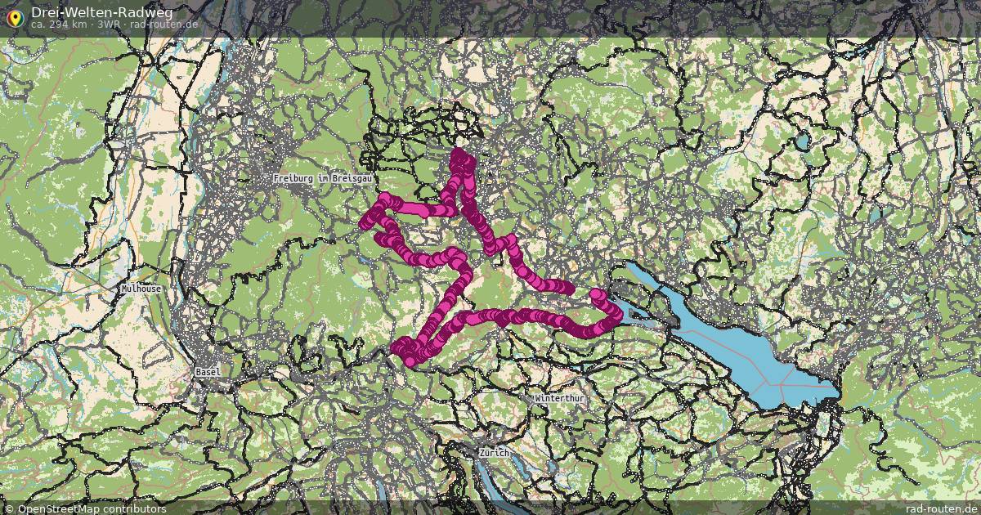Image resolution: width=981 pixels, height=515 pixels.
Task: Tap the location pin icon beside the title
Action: (14, 16)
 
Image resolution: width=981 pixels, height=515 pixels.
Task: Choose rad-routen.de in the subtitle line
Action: (163, 25)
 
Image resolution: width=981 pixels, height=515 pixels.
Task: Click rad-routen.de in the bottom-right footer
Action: (934, 508)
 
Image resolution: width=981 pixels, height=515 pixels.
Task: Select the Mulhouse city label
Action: (141, 289)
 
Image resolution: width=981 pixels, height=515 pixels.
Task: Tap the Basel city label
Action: (208, 372)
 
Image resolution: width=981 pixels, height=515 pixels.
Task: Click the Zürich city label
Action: (495, 453)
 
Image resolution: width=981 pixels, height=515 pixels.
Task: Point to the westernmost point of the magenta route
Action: (365, 222)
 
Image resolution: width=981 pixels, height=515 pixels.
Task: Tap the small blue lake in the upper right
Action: (802, 141)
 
